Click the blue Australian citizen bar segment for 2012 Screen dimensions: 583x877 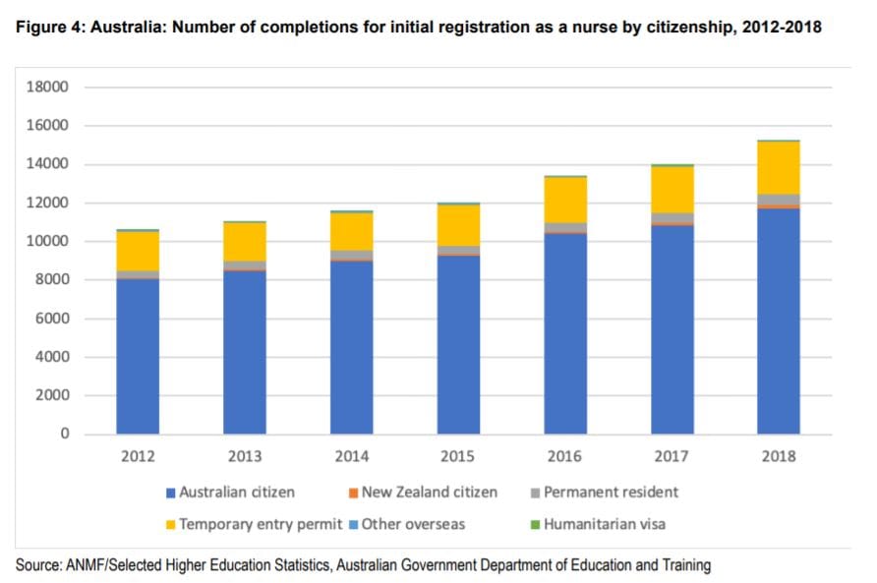(138, 356)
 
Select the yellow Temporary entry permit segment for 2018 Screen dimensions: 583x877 (779, 168)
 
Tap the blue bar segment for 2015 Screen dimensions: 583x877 (458, 344)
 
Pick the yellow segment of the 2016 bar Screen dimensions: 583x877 (565, 200)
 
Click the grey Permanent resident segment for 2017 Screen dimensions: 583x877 (672, 217)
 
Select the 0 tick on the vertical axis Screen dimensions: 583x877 (63, 434)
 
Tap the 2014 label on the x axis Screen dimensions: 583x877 (351, 456)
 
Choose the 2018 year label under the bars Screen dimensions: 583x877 (778, 456)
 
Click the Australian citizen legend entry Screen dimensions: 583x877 (236, 492)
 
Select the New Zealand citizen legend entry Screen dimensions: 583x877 (429, 492)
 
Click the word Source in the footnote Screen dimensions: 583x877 (38, 565)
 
